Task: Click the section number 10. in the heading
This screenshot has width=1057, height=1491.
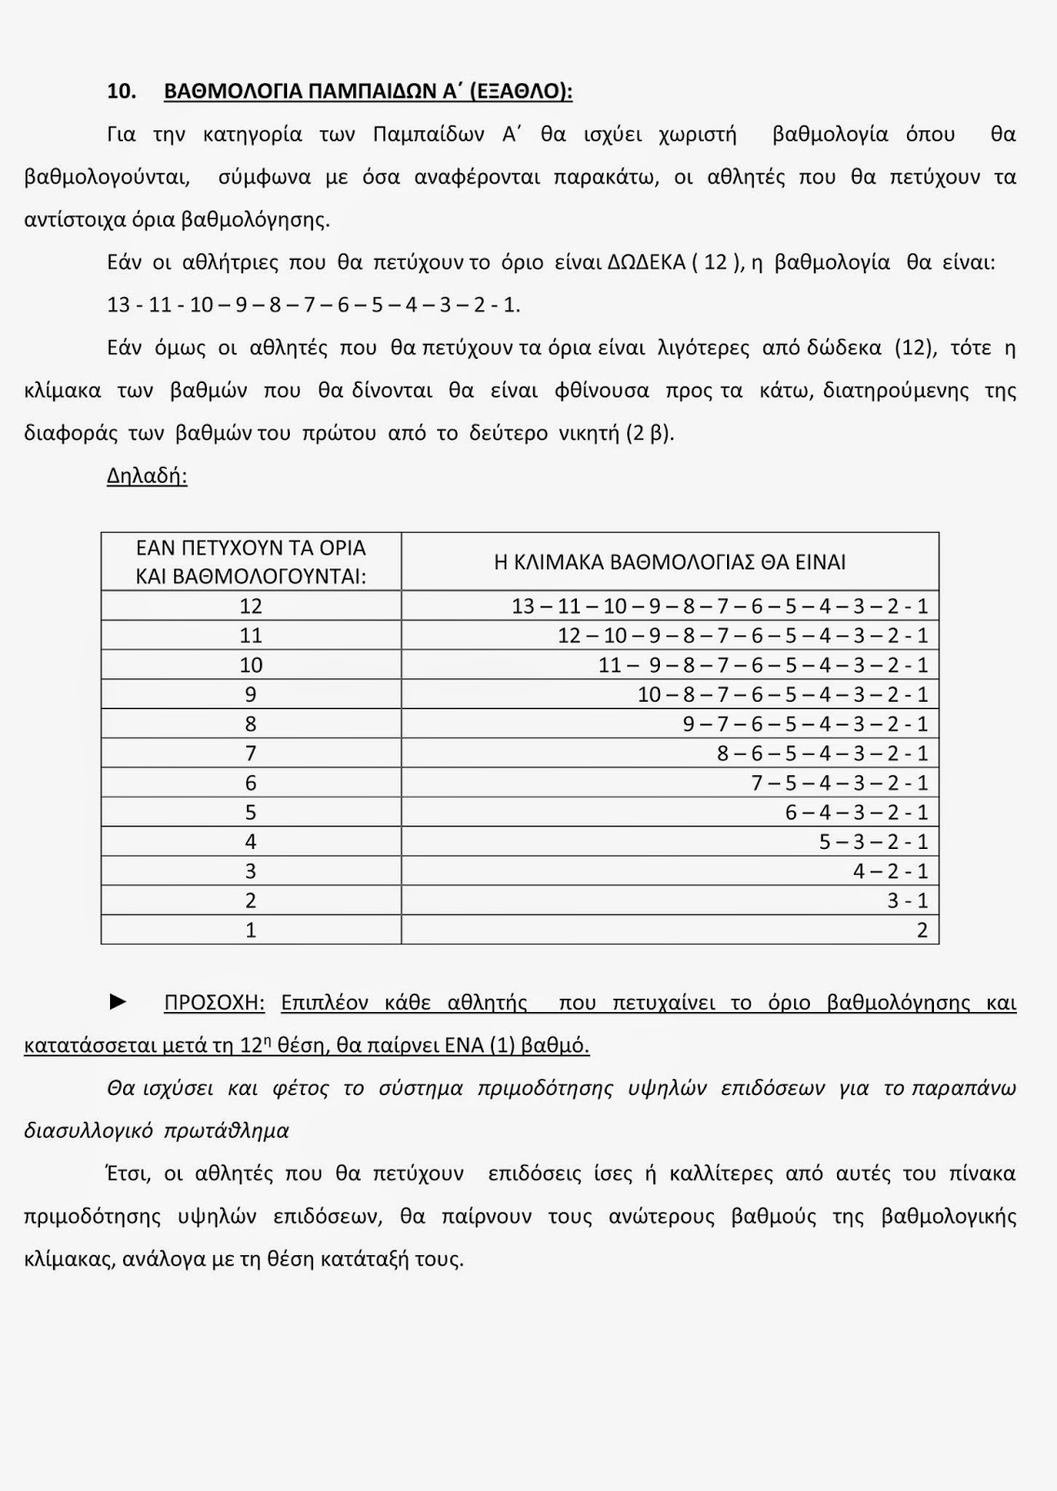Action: coord(122,91)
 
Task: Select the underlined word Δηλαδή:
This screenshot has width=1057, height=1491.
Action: coord(147,475)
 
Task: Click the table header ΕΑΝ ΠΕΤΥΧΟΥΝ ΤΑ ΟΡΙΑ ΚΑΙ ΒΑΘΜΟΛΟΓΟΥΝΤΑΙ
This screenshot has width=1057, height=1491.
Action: coord(251,562)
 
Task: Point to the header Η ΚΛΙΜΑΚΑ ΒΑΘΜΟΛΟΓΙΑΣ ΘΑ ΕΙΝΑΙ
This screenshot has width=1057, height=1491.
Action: coord(669,562)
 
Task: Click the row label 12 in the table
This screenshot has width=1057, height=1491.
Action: coord(251,606)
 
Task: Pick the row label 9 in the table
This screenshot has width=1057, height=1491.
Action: coord(251,694)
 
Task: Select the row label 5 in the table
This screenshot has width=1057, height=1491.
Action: coord(251,812)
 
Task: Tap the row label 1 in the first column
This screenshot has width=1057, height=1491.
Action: coord(251,930)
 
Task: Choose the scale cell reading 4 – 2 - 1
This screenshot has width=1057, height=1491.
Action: coord(890,870)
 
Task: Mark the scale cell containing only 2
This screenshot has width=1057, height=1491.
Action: coord(922,930)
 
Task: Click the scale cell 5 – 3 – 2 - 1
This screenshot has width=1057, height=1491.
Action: coord(873,841)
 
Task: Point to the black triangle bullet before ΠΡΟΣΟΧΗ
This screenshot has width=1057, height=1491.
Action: coord(118,1002)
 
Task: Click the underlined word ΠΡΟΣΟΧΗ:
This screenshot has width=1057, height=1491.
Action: coord(214,1003)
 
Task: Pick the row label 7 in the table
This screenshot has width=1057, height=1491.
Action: coord(251,753)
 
